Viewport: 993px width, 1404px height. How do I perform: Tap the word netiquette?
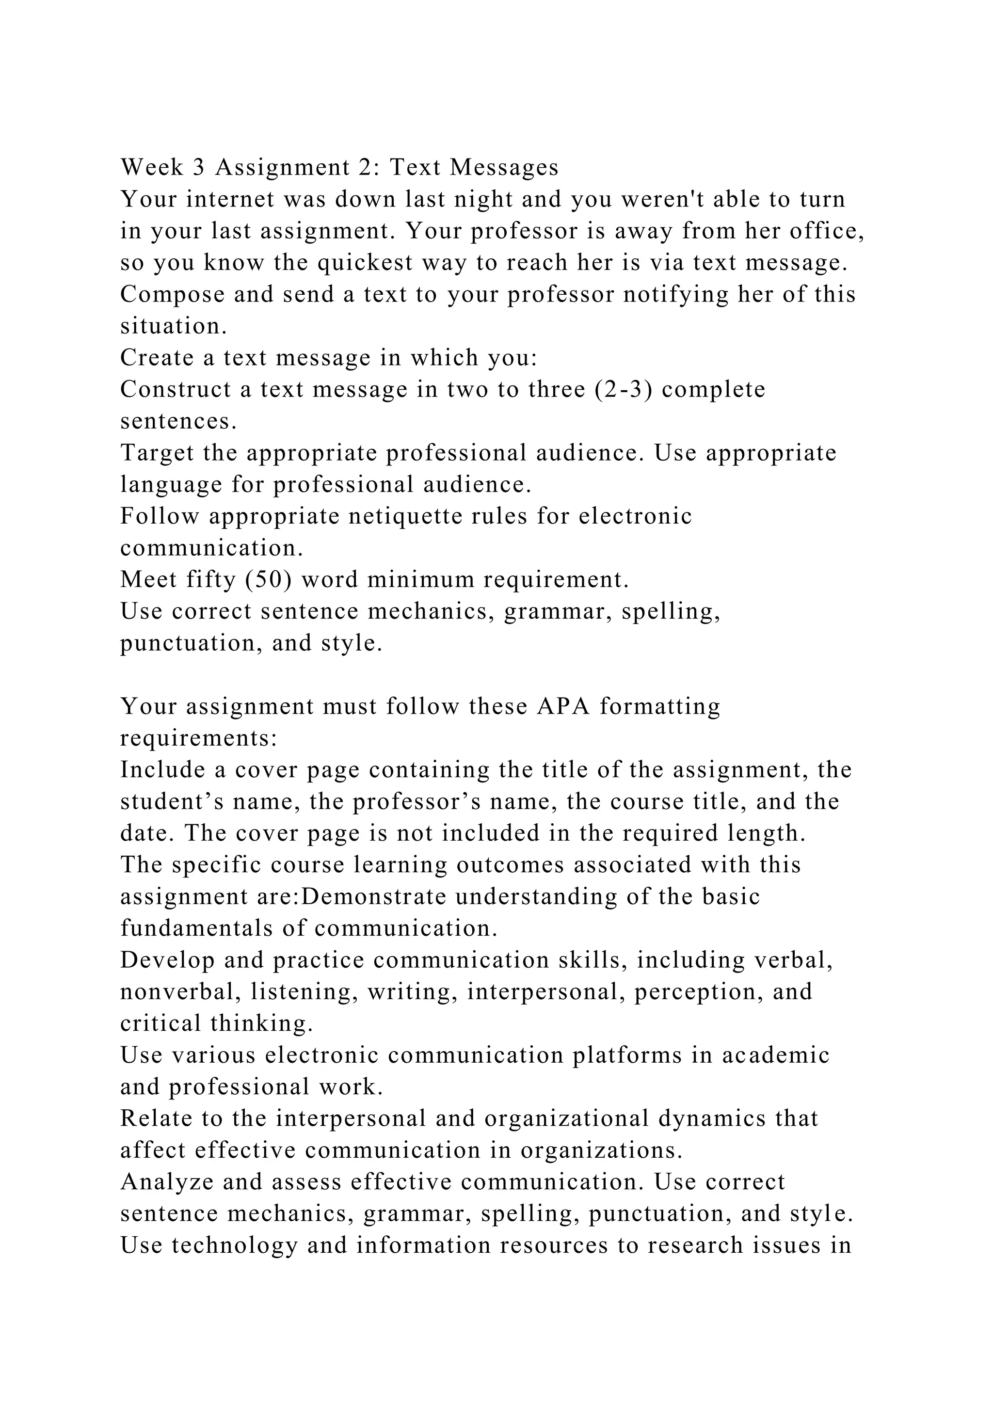click(x=404, y=517)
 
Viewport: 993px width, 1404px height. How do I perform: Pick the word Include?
click(x=162, y=770)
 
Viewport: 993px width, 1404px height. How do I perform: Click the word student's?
click(x=171, y=802)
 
